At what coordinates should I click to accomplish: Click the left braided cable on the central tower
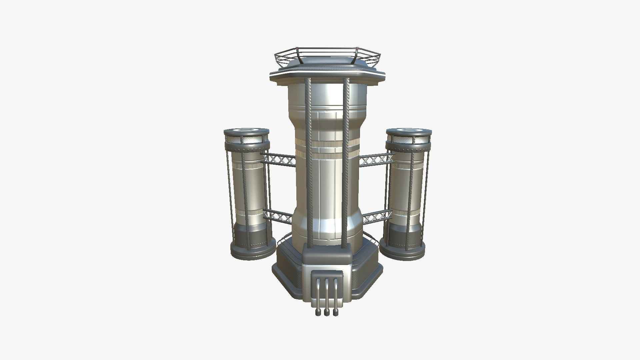coord(308,160)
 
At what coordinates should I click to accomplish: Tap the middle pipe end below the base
coord(327,312)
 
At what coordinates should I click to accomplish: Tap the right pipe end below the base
coord(336,312)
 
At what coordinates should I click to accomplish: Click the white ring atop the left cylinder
coord(247,130)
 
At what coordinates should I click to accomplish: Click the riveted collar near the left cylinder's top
coord(247,146)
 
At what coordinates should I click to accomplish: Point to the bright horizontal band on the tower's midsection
coord(327,144)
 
